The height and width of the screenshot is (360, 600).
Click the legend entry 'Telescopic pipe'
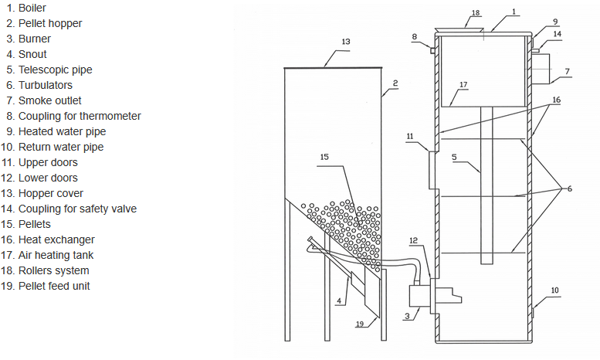click(x=55, y=70)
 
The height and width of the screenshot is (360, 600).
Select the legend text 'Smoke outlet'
click(x=49, y=100)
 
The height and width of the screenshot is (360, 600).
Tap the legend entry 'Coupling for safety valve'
click(x=77, y=209)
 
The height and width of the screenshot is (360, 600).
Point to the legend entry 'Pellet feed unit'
click(x=54, y=286)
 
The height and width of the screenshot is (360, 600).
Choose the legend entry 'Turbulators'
click(x=45, y=85)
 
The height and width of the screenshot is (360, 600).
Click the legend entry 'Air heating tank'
click(x=56, y=255)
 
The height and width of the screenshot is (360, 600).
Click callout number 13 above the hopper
click(x=346, y=42)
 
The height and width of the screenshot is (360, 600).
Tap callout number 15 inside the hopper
click(x=324, y=157)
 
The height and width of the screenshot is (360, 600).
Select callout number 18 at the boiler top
click(x=475, y=12)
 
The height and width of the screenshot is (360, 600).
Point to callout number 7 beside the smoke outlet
click(x=568, y=71)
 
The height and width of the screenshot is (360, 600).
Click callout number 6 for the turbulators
click(x=570, y=188)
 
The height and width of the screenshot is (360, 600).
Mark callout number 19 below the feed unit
click(x=360, y=324)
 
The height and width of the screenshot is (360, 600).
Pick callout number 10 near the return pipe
click(x=555, y=290)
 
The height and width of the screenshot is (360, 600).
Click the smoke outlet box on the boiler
click(x=541, y=69)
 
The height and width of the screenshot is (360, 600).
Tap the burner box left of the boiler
click(x=420, y=296)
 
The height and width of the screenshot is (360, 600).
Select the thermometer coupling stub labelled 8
click(x=432, y=50)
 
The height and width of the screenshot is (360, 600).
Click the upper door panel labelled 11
click(x=433, y=170)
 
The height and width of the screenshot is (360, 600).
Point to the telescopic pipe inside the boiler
click(x=486, y=185)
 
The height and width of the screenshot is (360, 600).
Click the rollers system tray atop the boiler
click(x=459, y=30)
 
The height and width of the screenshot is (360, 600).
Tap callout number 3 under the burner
click(x=407, y=316)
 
